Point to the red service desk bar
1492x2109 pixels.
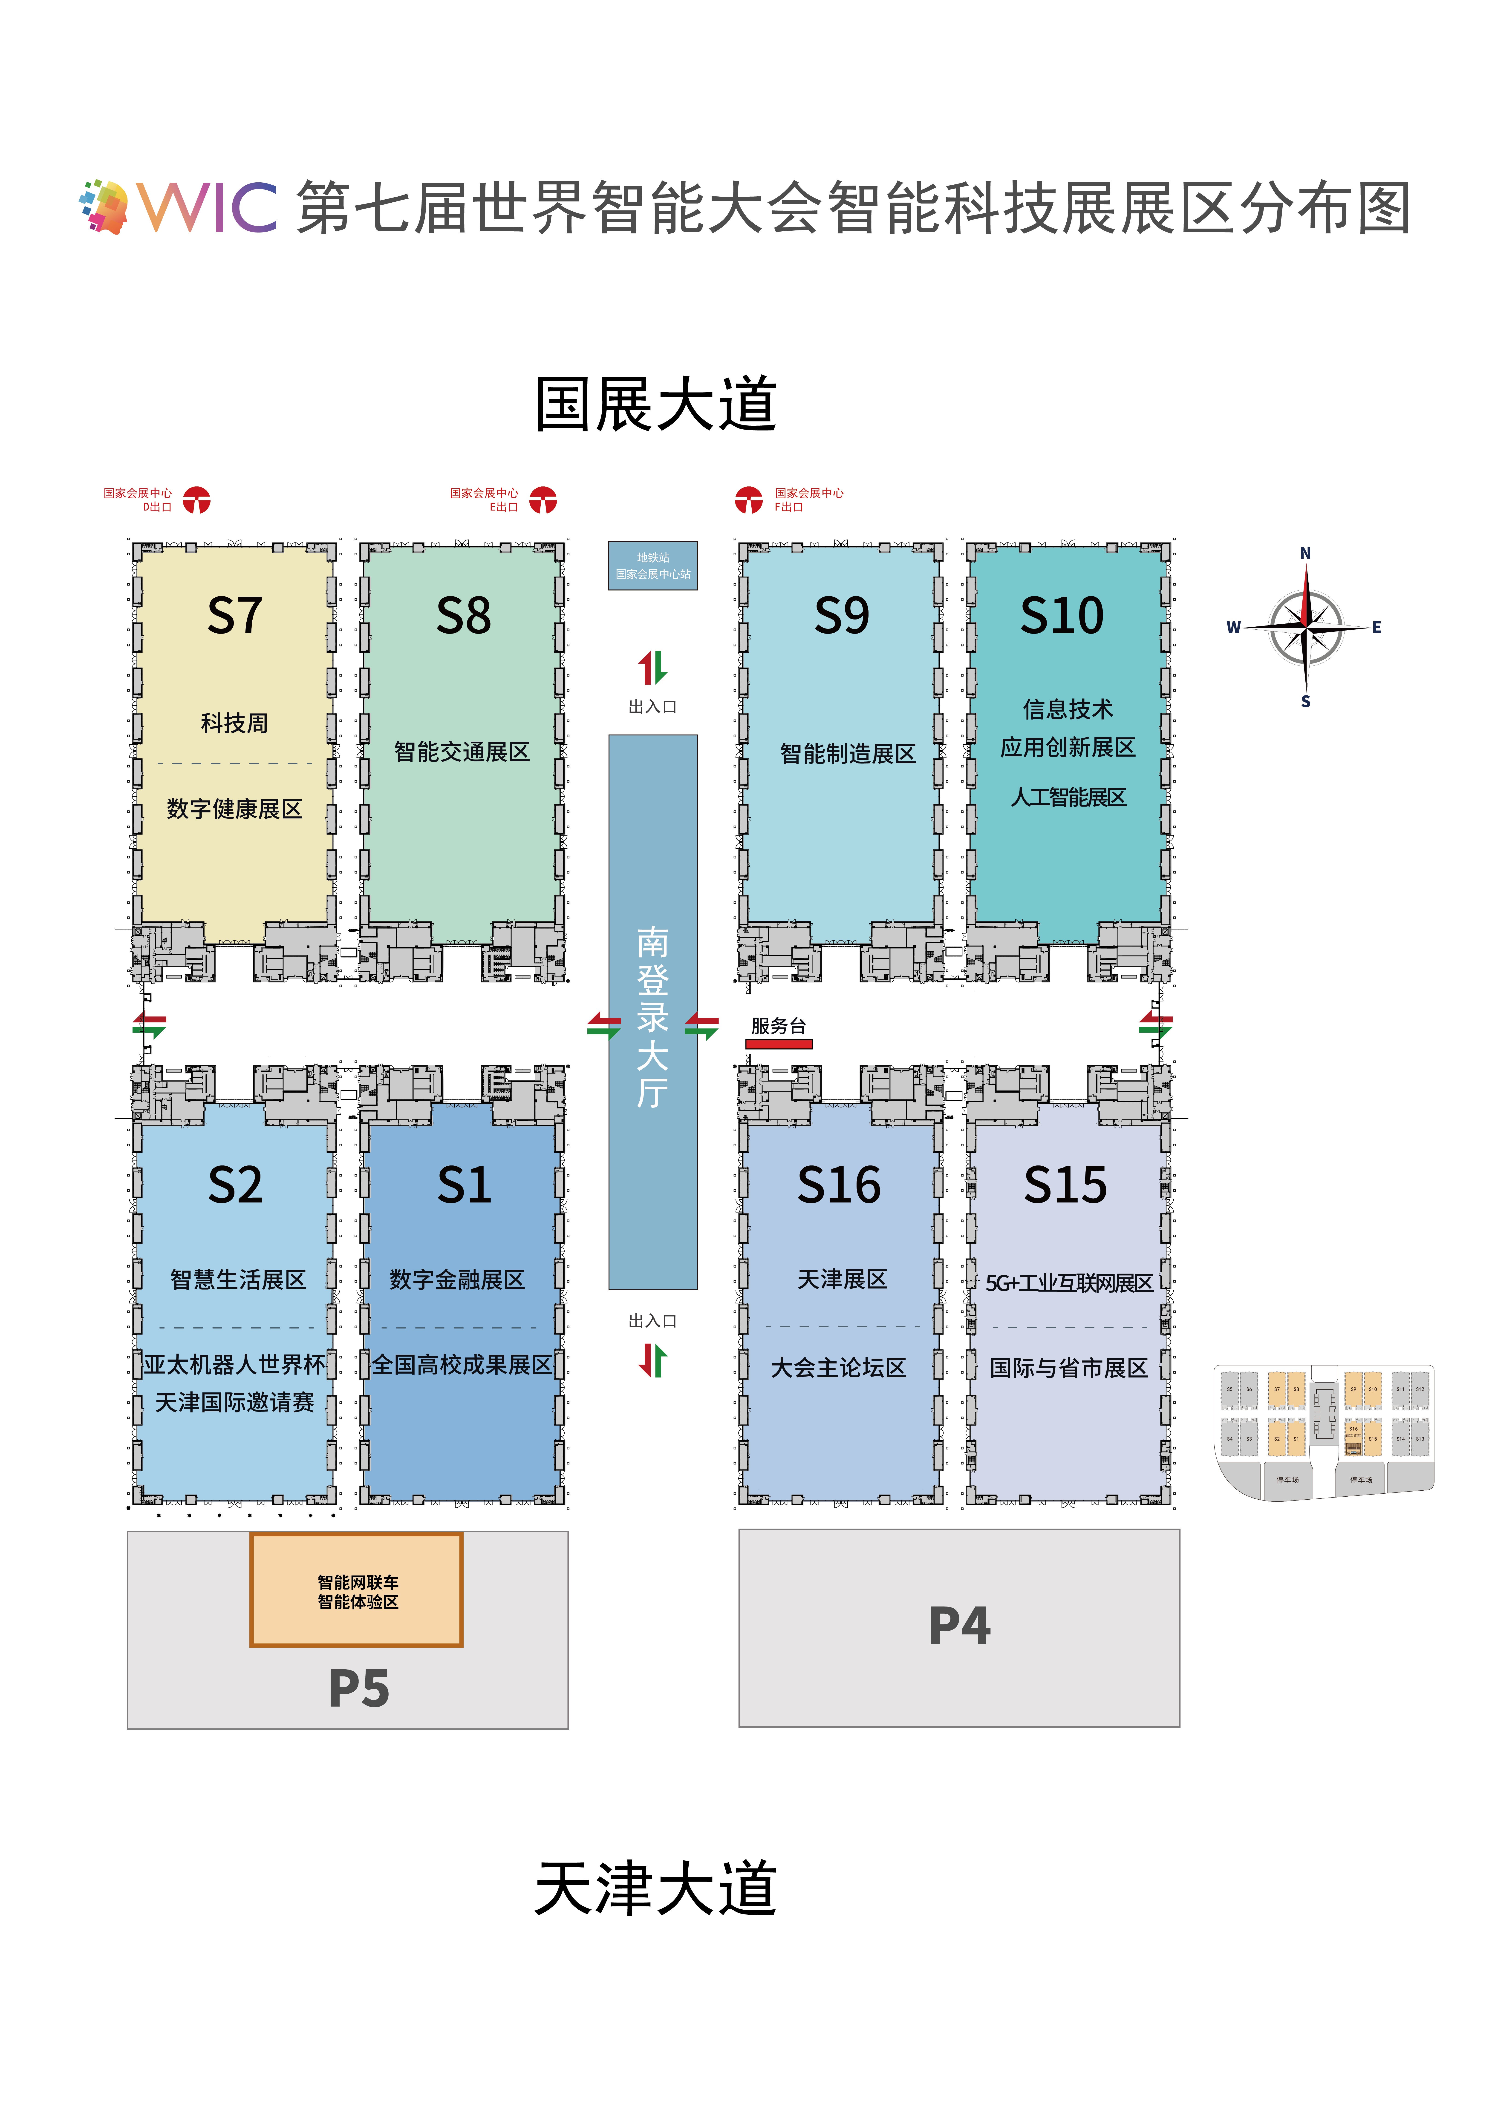click(x=779, y=1044)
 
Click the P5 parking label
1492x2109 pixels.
click(x=358, y=1688)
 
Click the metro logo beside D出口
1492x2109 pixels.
click(x=197, y=501)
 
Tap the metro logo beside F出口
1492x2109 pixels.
click(x=749, y=501)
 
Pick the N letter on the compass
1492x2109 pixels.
click(x=1305, y=553)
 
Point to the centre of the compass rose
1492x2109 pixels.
click(x=1305, y=627)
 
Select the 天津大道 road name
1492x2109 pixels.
click(x=656, y=1889)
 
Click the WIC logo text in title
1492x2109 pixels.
click(x=208, y=207)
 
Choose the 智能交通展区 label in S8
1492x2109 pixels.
click(x=462, y=752)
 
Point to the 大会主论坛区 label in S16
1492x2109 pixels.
click(x=838, y=1368)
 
